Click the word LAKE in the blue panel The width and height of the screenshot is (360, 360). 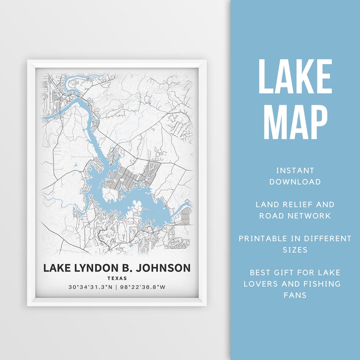click(295, 77)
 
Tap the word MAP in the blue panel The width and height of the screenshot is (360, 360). click(295, 122)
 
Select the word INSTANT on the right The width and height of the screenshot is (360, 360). click(295, 171)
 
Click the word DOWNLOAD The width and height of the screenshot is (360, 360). click(295, 182)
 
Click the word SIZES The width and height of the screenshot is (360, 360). click(295, 250)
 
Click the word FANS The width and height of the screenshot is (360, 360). click(295, 295)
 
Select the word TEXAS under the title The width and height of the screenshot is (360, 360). click(117, 278)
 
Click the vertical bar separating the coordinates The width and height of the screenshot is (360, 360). click(116, 287)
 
